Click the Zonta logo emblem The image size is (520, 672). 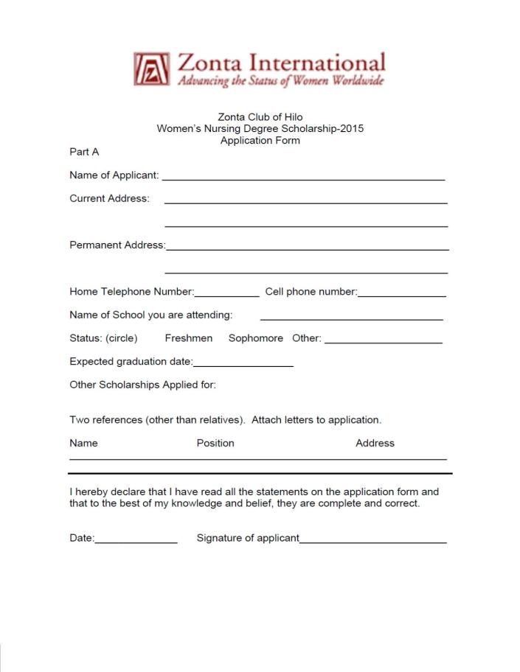tap(150, 69)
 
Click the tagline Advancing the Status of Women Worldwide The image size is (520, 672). tap(280, 80)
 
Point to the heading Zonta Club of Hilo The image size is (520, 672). tap(260, 117)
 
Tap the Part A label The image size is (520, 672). tap(84, 152)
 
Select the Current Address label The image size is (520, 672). tap(109, 198)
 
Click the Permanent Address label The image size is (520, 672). tap(117, 245)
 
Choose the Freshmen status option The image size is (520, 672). tap(188, 338)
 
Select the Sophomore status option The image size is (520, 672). tap(255, 338)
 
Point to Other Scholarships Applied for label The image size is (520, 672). tap(142, 385)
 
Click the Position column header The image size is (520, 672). tap(215, 443)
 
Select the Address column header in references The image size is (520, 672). tap(375, 443)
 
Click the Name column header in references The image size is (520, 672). tap(83, 443)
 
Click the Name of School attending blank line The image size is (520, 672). tap(351, 318)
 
